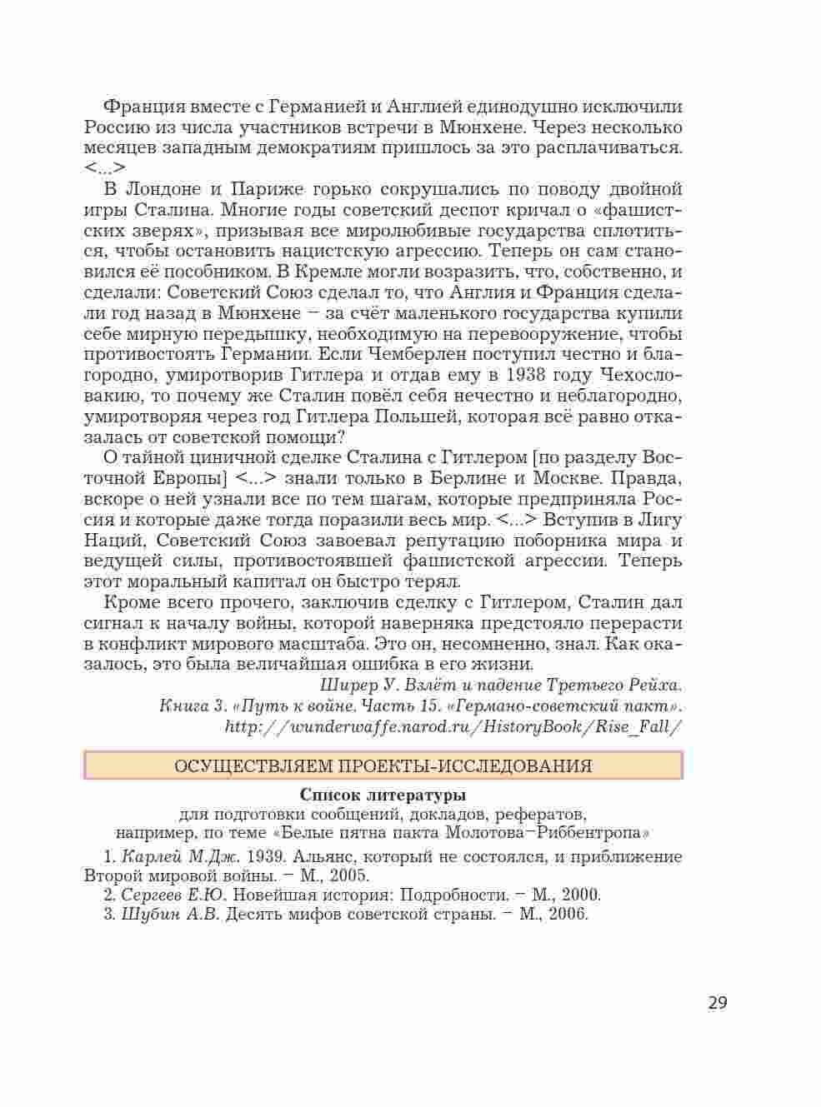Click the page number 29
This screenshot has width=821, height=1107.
pyautogui.click(x=717, y=1002)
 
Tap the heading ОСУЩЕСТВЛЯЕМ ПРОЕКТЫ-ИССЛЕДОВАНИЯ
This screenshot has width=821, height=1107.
pyautogui.click(x=383, y=765)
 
